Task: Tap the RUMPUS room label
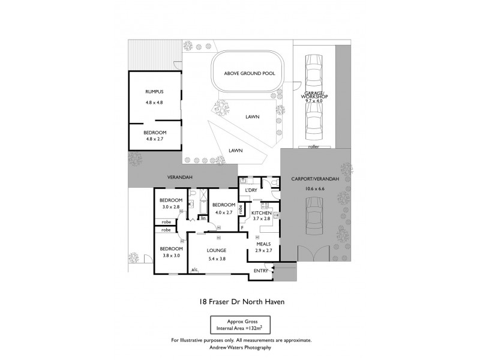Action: (154, 92)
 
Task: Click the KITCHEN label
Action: (261, 213)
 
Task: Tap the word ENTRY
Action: (261, 271)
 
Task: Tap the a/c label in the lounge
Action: (194, 270)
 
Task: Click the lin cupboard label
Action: (203, 218)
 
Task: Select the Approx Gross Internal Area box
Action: (240, 325)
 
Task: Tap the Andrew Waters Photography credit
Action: (240, 347)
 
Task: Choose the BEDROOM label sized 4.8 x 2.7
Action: (154, 132)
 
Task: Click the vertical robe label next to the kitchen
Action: (240, 209)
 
